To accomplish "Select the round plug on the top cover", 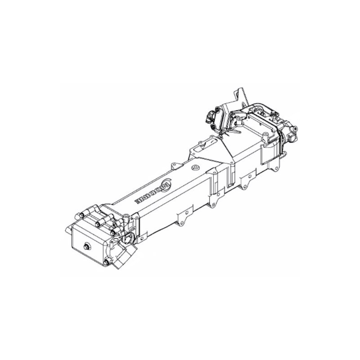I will tap(195, 168).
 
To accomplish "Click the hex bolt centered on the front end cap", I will tap(86, 246).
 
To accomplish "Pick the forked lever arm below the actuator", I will tap(228, 133).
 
